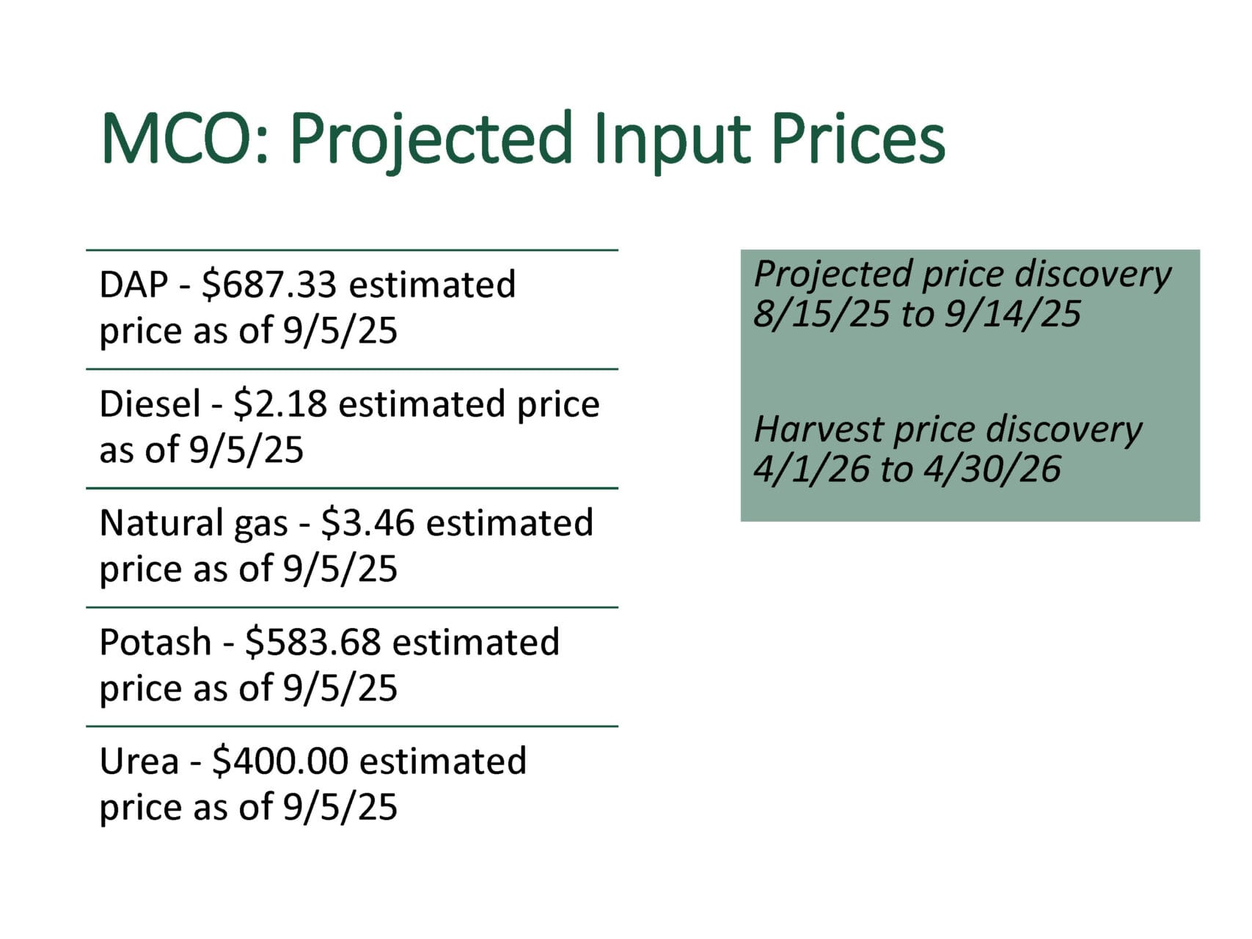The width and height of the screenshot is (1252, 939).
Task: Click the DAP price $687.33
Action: click(x=269, y=285)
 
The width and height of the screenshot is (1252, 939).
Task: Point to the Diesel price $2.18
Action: click(x=280, y=404)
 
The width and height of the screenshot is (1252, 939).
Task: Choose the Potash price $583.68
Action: click(x=313, y=642)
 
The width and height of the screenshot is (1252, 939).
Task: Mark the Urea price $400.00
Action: click(x=280, y=761)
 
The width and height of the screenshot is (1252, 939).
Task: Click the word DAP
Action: click(x=134, y=285)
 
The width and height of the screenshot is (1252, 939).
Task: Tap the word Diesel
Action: click(x=150, y=404)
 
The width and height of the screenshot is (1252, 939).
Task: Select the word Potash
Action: click(x=155, y=642)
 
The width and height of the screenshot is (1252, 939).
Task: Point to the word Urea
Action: click(x=139, y=761)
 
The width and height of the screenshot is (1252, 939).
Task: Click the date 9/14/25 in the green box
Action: click(x=1013, y=314)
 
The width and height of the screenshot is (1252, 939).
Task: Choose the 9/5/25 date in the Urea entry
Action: click(x=340, y=807)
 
